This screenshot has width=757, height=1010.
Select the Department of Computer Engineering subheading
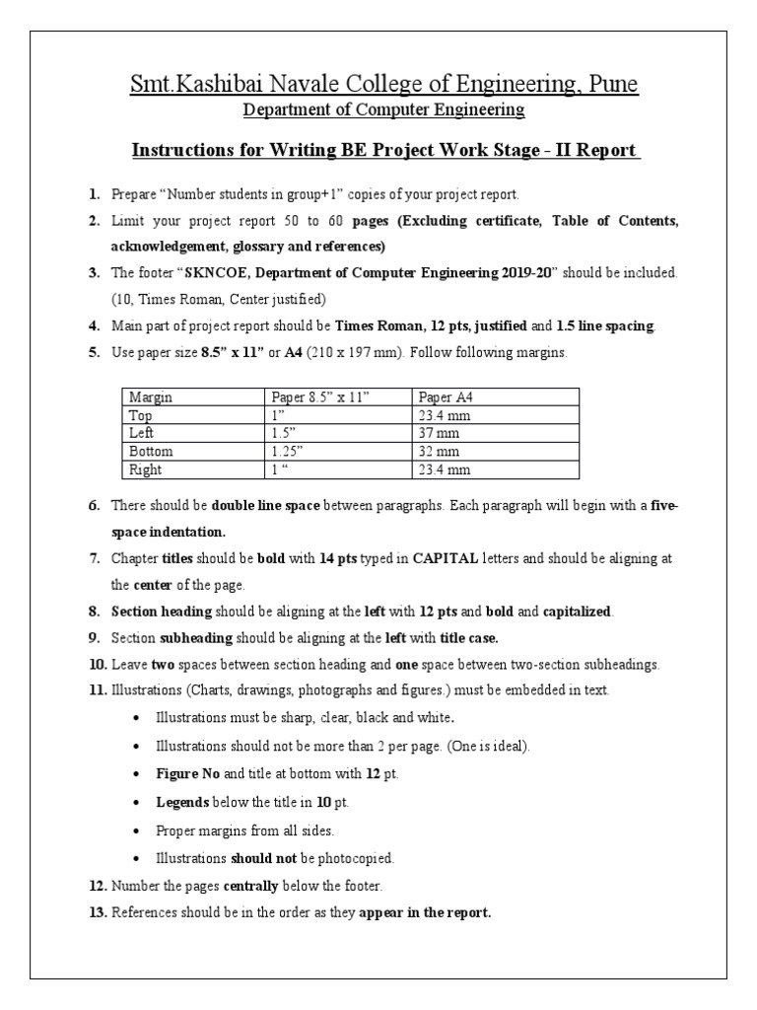coord(384,110)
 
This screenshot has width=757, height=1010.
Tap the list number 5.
coord(94,352)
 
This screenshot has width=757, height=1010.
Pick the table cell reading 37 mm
coord(439,433)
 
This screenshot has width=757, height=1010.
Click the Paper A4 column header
coord(449,397)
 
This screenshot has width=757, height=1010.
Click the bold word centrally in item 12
coord(259,886)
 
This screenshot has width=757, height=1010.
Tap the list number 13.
coord(97,913)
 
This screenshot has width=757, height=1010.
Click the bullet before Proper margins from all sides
coord(134,830)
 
